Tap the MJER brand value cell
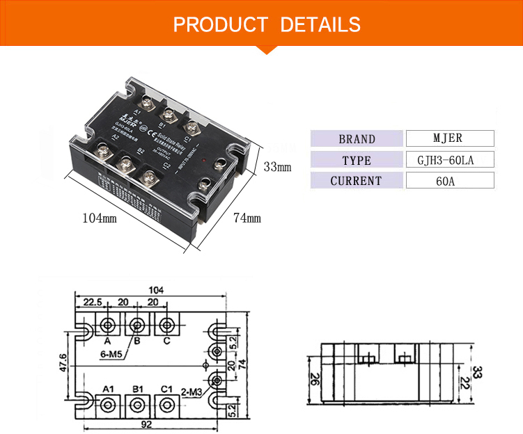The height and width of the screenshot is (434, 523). click(x=449, y=138)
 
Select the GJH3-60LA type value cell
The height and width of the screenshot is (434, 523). click(x=449, y=160)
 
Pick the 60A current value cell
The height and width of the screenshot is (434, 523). click(x=449, y=181)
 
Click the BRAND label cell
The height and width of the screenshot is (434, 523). click(x=357, y=138)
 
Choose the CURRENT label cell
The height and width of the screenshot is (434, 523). click(x=357, y=181)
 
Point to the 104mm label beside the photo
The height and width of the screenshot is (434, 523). click(x=100, y=218)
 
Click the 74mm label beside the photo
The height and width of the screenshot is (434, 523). click(x=247, y=218)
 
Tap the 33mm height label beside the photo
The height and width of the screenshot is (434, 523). click(x=277, y=167)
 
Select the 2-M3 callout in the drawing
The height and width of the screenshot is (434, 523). click(x=192, y=391)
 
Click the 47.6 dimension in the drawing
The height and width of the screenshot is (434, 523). click(x=62, y=362)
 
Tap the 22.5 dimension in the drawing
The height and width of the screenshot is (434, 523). click(x=94, y=302)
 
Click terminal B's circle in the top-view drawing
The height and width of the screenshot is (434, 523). click(x=137, y=325)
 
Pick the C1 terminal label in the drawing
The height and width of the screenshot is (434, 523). click(x=166, y=388)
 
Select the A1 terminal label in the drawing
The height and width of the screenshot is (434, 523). click(x=108, y=388)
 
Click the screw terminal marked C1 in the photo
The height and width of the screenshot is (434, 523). click(x=190, y=127)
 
